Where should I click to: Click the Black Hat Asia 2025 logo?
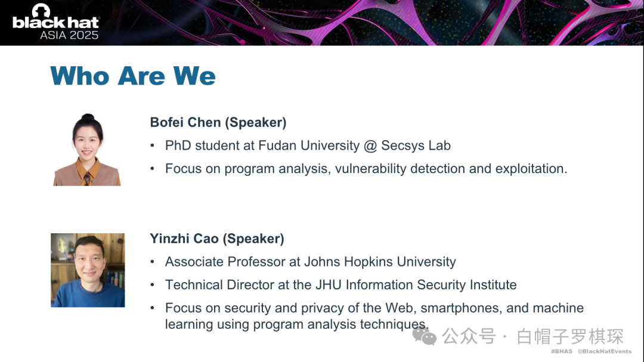point(55,22)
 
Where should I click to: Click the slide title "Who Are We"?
point(132,76)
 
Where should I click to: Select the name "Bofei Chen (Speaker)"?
point(218,122)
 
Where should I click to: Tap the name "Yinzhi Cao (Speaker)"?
point(217,239)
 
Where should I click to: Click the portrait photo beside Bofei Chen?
point(87,150)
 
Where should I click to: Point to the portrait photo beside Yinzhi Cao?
point(88,270)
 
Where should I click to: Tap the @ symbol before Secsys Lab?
point(370,146)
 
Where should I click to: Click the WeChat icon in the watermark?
point(425,336)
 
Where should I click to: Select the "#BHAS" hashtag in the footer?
point(562,351)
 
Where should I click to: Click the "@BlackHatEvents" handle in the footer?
point(605,351)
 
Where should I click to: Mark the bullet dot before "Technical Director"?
point(153,284)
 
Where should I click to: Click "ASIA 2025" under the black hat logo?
point(69,35)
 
